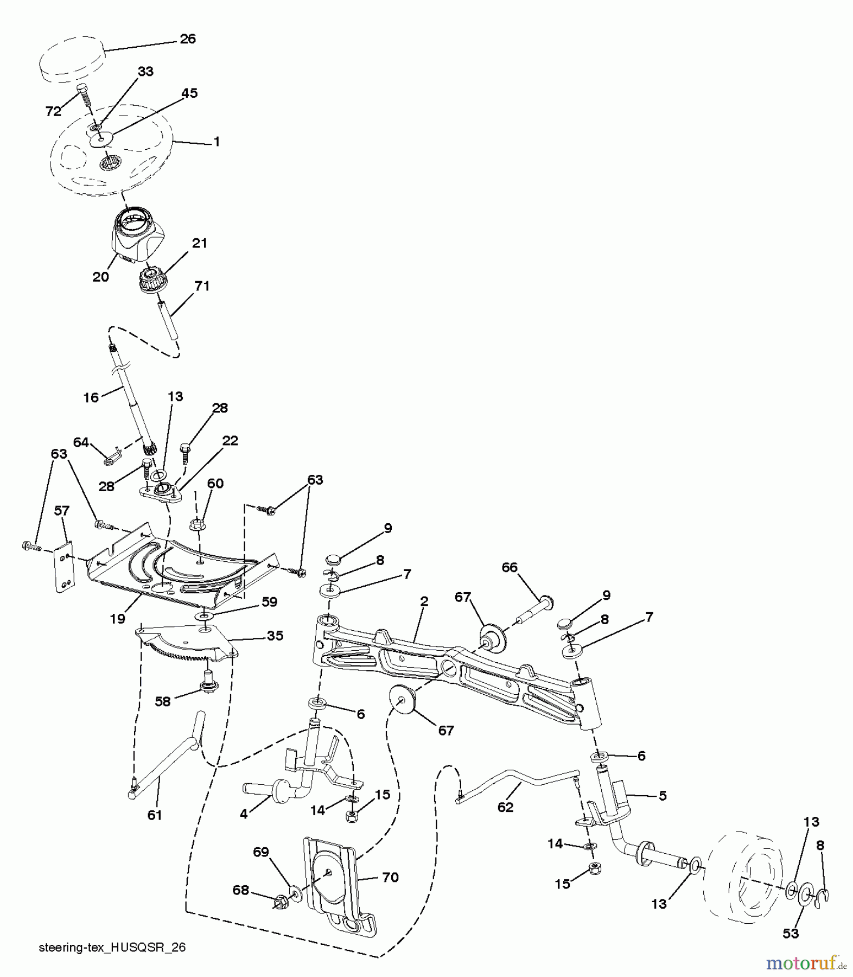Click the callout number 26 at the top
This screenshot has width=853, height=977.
(187, 39)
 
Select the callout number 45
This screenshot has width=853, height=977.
(189, 93)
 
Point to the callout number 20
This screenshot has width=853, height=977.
(100, 277)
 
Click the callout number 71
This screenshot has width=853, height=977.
(202, 286)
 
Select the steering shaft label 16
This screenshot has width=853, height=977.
(91, 398)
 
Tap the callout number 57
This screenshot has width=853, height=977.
(62, 510)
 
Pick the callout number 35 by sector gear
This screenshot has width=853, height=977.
(275, 635)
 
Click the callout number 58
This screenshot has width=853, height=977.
(162, 701)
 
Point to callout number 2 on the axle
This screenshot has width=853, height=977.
(424, 601)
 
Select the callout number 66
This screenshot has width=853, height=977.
(509, 567)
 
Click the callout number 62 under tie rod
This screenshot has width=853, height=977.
(505, 807)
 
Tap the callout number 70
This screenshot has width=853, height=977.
(390, 877)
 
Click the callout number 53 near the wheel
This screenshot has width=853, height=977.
(791, 933)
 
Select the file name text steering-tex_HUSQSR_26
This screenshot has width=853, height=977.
(112, 947)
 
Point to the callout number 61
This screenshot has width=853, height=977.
(155, 815)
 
